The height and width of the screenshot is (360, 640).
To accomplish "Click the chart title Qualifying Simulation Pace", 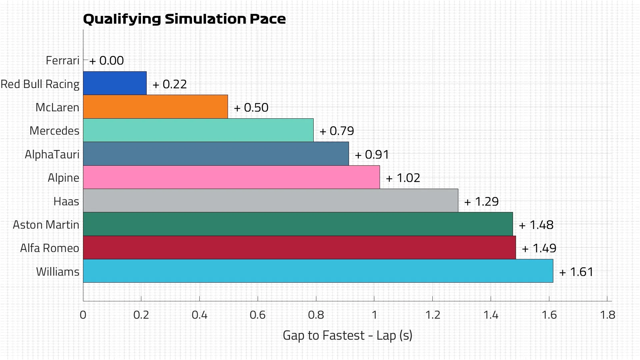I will coord(184,19).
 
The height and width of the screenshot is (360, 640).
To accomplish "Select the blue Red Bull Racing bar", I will coord(115,83).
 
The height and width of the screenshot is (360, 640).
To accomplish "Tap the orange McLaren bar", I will coord(155,107).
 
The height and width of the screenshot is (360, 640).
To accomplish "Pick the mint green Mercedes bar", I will coord(198,130).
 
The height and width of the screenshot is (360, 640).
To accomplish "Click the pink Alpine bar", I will coord(231,177).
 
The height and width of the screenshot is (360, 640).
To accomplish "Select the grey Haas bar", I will coord(270,201).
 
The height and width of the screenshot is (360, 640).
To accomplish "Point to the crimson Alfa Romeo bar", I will coord(299,248).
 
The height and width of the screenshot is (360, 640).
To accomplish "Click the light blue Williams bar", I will coord(318,271).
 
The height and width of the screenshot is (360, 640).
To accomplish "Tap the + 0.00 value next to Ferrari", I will coord(107,61).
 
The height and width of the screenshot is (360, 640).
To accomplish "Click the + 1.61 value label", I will coord(576,272).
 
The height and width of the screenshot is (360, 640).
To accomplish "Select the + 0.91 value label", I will coord(372,155).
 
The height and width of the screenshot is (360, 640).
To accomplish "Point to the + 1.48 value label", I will coord(536,225).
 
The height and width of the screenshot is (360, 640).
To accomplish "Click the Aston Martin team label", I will coord(46,225).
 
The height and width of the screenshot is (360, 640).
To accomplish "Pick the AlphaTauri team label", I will coord(52,155).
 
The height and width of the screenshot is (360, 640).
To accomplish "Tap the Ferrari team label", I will coord(62,61).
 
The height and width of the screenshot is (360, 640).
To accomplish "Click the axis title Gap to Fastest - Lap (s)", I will coord(347,335).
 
